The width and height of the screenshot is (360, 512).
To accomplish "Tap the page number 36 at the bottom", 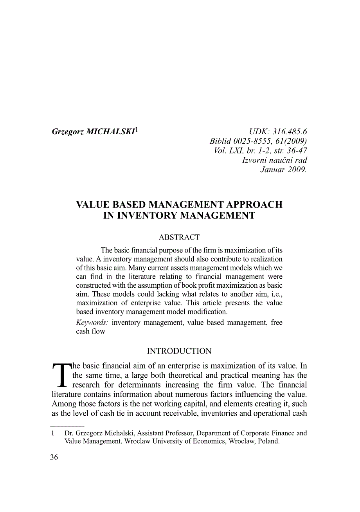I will pyautogui.click(x=54, y=457).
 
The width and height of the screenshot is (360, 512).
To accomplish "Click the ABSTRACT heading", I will pyautogui.click(x=179, y=237).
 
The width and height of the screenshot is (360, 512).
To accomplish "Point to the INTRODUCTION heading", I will pyautogui.click(x=179, y=351).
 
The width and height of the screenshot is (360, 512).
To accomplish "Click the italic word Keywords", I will pyautogui.click(x=92, y=323).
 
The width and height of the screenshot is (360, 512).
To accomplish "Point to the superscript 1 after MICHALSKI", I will pyautogui.click(x=136, y=130).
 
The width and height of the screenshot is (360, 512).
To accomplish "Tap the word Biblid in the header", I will pyautogui.click(x=221, y=141).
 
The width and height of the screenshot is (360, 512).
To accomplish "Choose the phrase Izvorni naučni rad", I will pyautogui.click(x=275, y=160).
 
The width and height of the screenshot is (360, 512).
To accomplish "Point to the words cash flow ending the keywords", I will pyautogui.click(x=91, y=331).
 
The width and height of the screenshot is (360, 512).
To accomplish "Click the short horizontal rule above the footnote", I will pyautogui.click(x=67, y=426).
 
